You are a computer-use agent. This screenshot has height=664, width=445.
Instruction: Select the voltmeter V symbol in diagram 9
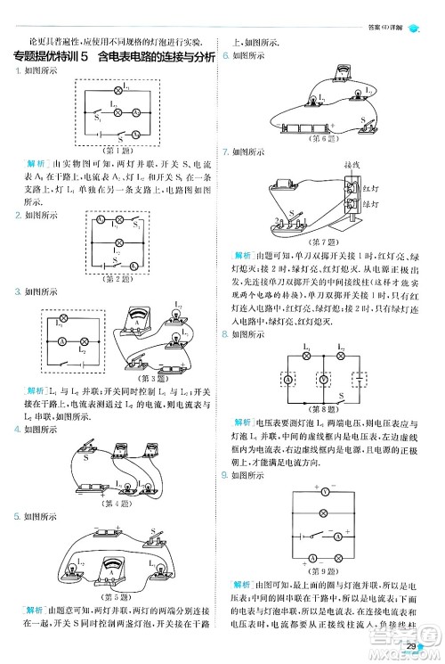coord(327,491)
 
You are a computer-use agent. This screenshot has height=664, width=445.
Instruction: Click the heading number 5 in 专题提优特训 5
coord(84,58)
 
